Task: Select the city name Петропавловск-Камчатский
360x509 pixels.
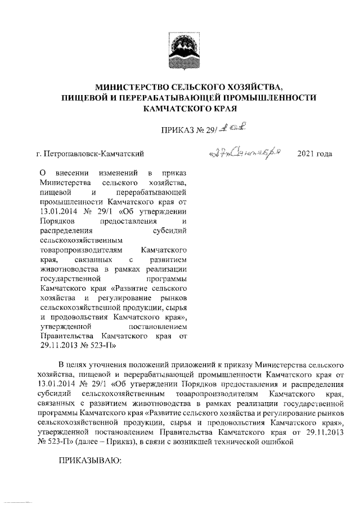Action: [96, 153]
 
